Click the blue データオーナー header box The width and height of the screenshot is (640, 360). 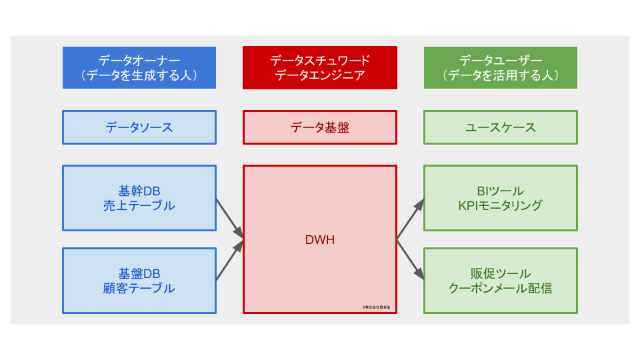point(139,67)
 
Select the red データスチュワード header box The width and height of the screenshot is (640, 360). point(320,67)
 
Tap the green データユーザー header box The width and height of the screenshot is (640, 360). point(501,67)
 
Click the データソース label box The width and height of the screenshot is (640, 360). point(139,127)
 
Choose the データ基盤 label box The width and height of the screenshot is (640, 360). point(320,127)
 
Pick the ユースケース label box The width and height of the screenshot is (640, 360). point(501,127)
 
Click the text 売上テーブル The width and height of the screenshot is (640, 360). point(139,206)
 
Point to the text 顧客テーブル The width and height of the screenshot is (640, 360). point(139,289)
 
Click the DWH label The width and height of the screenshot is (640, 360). point(320,240)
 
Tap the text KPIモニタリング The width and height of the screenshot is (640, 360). point(501,206)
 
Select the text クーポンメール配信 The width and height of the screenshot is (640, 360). point(501,289)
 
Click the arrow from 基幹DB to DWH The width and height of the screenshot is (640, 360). point(229,218)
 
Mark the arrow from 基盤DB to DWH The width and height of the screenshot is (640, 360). point(229,261)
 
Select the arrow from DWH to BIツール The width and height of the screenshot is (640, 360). point(411,219)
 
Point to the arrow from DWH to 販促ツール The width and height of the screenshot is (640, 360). point(411,260)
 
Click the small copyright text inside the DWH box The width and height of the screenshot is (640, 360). point(377,307)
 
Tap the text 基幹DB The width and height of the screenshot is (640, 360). point(139,191)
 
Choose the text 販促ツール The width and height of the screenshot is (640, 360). point(501,274)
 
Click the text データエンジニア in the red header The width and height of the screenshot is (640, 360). point(320,75)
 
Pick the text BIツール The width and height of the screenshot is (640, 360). point(501,191)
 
